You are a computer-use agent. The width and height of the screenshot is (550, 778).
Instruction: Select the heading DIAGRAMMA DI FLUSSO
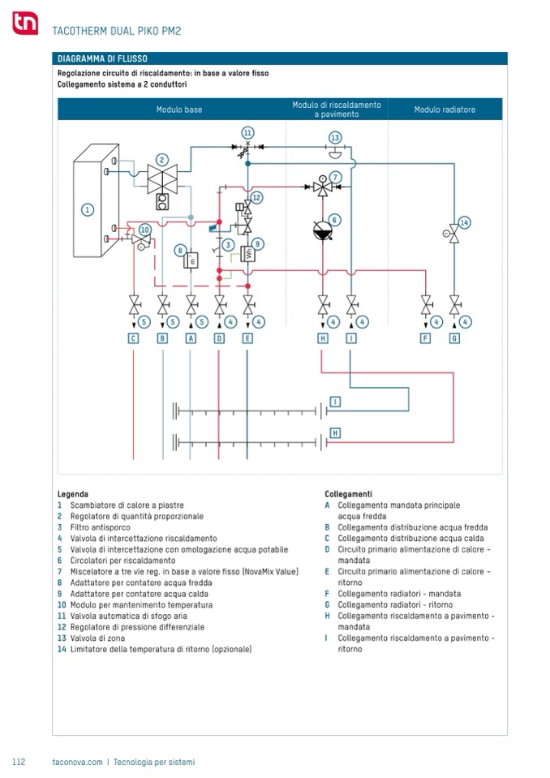[101, 58]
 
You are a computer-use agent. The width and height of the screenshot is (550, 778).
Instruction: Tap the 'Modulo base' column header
[179, 110]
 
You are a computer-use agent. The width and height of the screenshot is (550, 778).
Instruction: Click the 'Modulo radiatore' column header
[445, 110]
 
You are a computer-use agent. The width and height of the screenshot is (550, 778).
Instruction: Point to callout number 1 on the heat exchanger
[87, 209]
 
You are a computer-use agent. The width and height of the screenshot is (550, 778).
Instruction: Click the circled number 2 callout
[162, 160]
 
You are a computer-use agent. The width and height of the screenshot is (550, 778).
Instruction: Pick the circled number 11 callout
[247, 132]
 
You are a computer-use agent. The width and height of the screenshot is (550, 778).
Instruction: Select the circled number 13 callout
[335, 138]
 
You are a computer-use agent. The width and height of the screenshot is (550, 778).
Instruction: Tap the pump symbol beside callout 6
[323, 230]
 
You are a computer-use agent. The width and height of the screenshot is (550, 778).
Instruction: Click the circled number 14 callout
[464, 222]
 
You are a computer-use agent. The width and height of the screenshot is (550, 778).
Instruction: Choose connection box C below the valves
[134, 338]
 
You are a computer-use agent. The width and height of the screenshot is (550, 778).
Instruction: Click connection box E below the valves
[247, 338]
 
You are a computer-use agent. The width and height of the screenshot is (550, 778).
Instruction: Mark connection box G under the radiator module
[454, 338]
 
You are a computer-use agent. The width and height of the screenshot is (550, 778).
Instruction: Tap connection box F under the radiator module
[425, 338]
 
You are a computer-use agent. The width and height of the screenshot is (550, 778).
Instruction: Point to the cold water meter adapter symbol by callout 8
[192, 260]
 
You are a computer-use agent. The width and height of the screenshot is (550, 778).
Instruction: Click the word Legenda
[73, 493]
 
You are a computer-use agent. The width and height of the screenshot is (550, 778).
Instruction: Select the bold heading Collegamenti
[348, 493]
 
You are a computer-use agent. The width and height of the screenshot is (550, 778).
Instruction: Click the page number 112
[19, 762]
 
